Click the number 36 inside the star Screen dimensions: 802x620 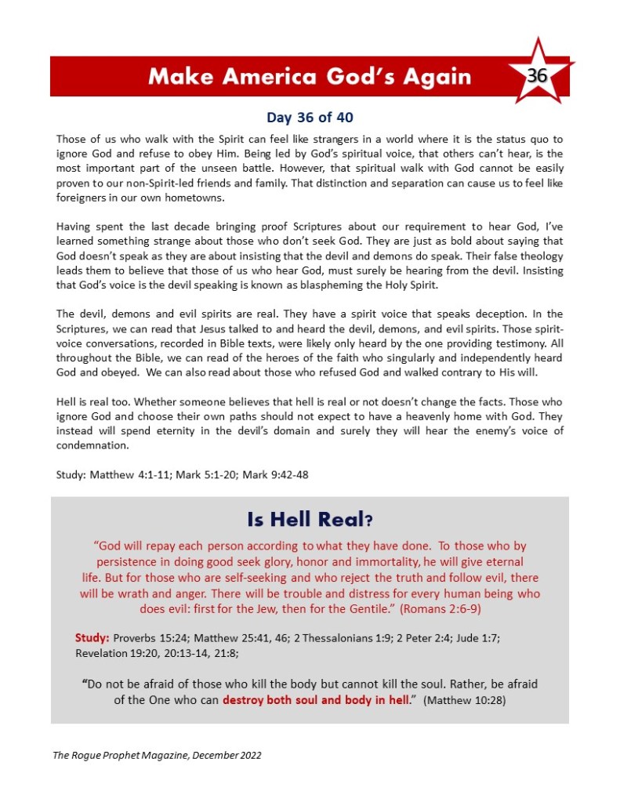pyautogui.click(x=537, y=76)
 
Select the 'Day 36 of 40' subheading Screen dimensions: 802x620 pyautogui.click(x=310, y=118)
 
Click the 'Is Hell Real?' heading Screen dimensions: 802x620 pyautogui.click(x=310, y=519)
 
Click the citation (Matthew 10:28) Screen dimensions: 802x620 pyautogui.click(x=464, y=700)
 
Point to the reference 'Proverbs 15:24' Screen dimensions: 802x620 pyautogui.click(x=150, y=638)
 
